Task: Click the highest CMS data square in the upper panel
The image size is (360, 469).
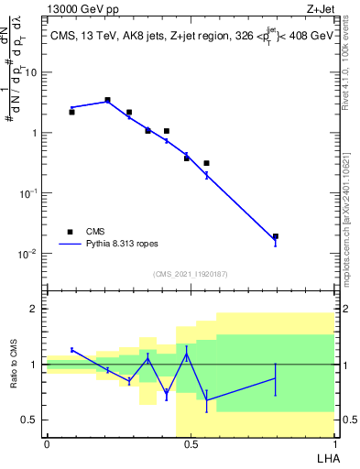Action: click(x=107, y=100)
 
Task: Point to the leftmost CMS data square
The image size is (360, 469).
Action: click(x=71, y=112)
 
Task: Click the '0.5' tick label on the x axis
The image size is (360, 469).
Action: click(x=190, y=444)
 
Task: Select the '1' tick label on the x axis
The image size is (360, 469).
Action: click(x=333, y=444)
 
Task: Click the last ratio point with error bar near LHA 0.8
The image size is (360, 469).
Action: click(x=276, y=378)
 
